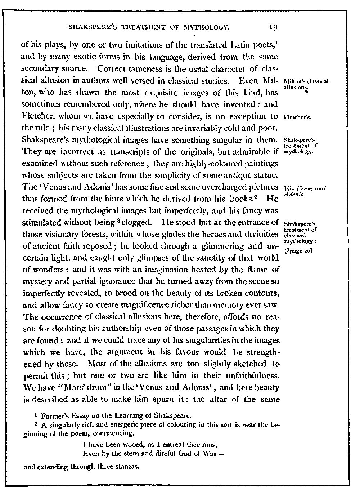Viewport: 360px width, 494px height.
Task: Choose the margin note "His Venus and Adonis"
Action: pyautogui.click(x=304, y=191)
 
